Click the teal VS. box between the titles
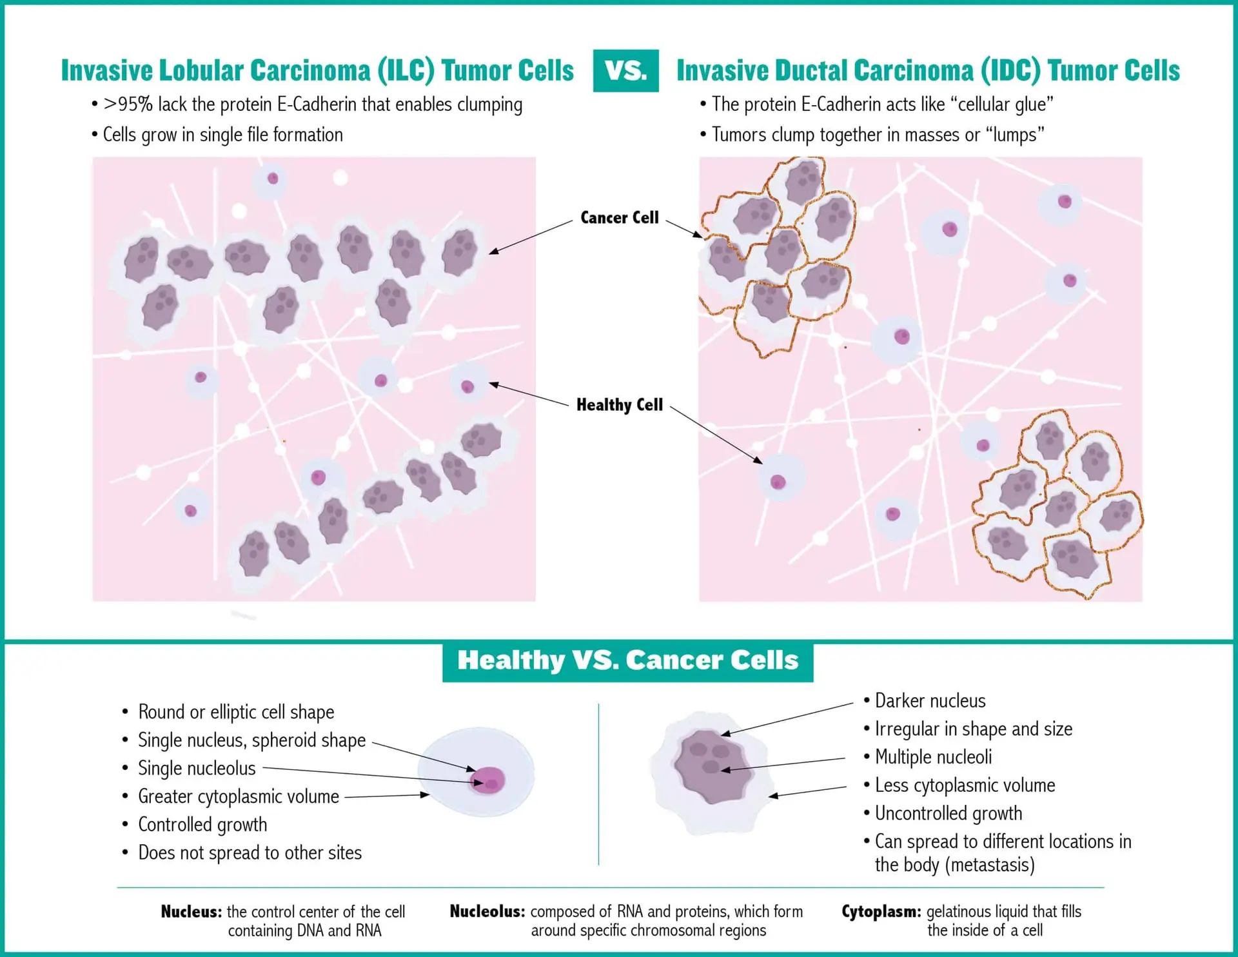point(625,70)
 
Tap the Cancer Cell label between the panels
point(620,217)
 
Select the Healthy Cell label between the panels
point(620,404)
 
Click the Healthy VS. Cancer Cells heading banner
point(627,661)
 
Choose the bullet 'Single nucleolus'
point(197,768)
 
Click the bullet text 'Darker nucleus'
point(930,700)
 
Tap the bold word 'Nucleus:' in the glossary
point(192,911)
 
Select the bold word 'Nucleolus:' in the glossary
point(487,911)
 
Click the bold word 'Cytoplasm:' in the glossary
point(881,911)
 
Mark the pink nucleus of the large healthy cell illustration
point(488,780)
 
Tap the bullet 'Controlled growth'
point(202,824)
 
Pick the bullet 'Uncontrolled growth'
point(948,813)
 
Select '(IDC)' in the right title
point(1010,70)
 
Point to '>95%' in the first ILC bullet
point(128,104)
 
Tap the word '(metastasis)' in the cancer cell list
point(954,864)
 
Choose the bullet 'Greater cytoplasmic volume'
point(239,796)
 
